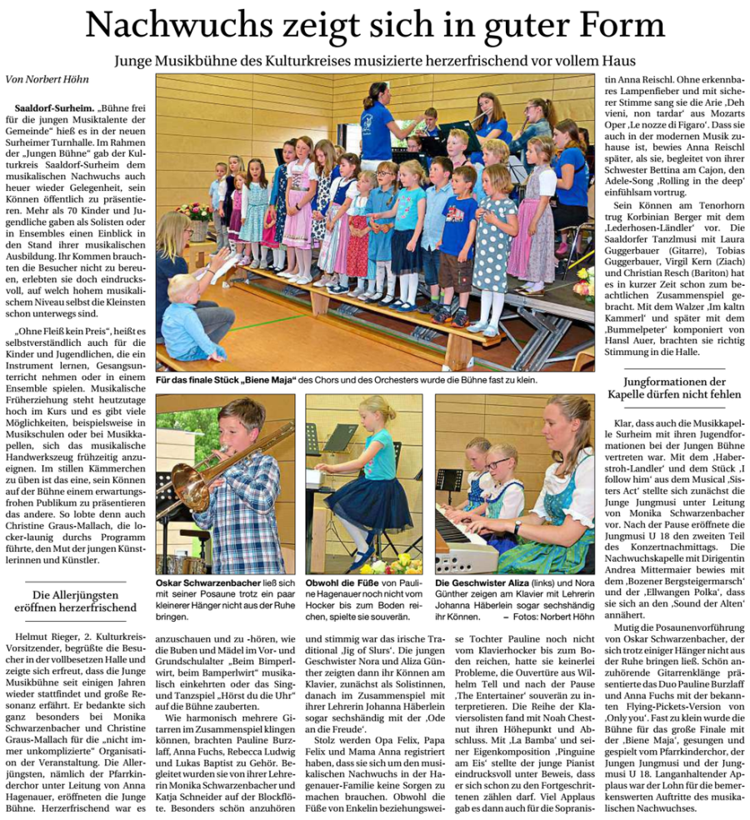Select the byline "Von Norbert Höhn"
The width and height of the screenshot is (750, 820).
click(48, 80)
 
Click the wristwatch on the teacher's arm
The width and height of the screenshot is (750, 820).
click(517, 527)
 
